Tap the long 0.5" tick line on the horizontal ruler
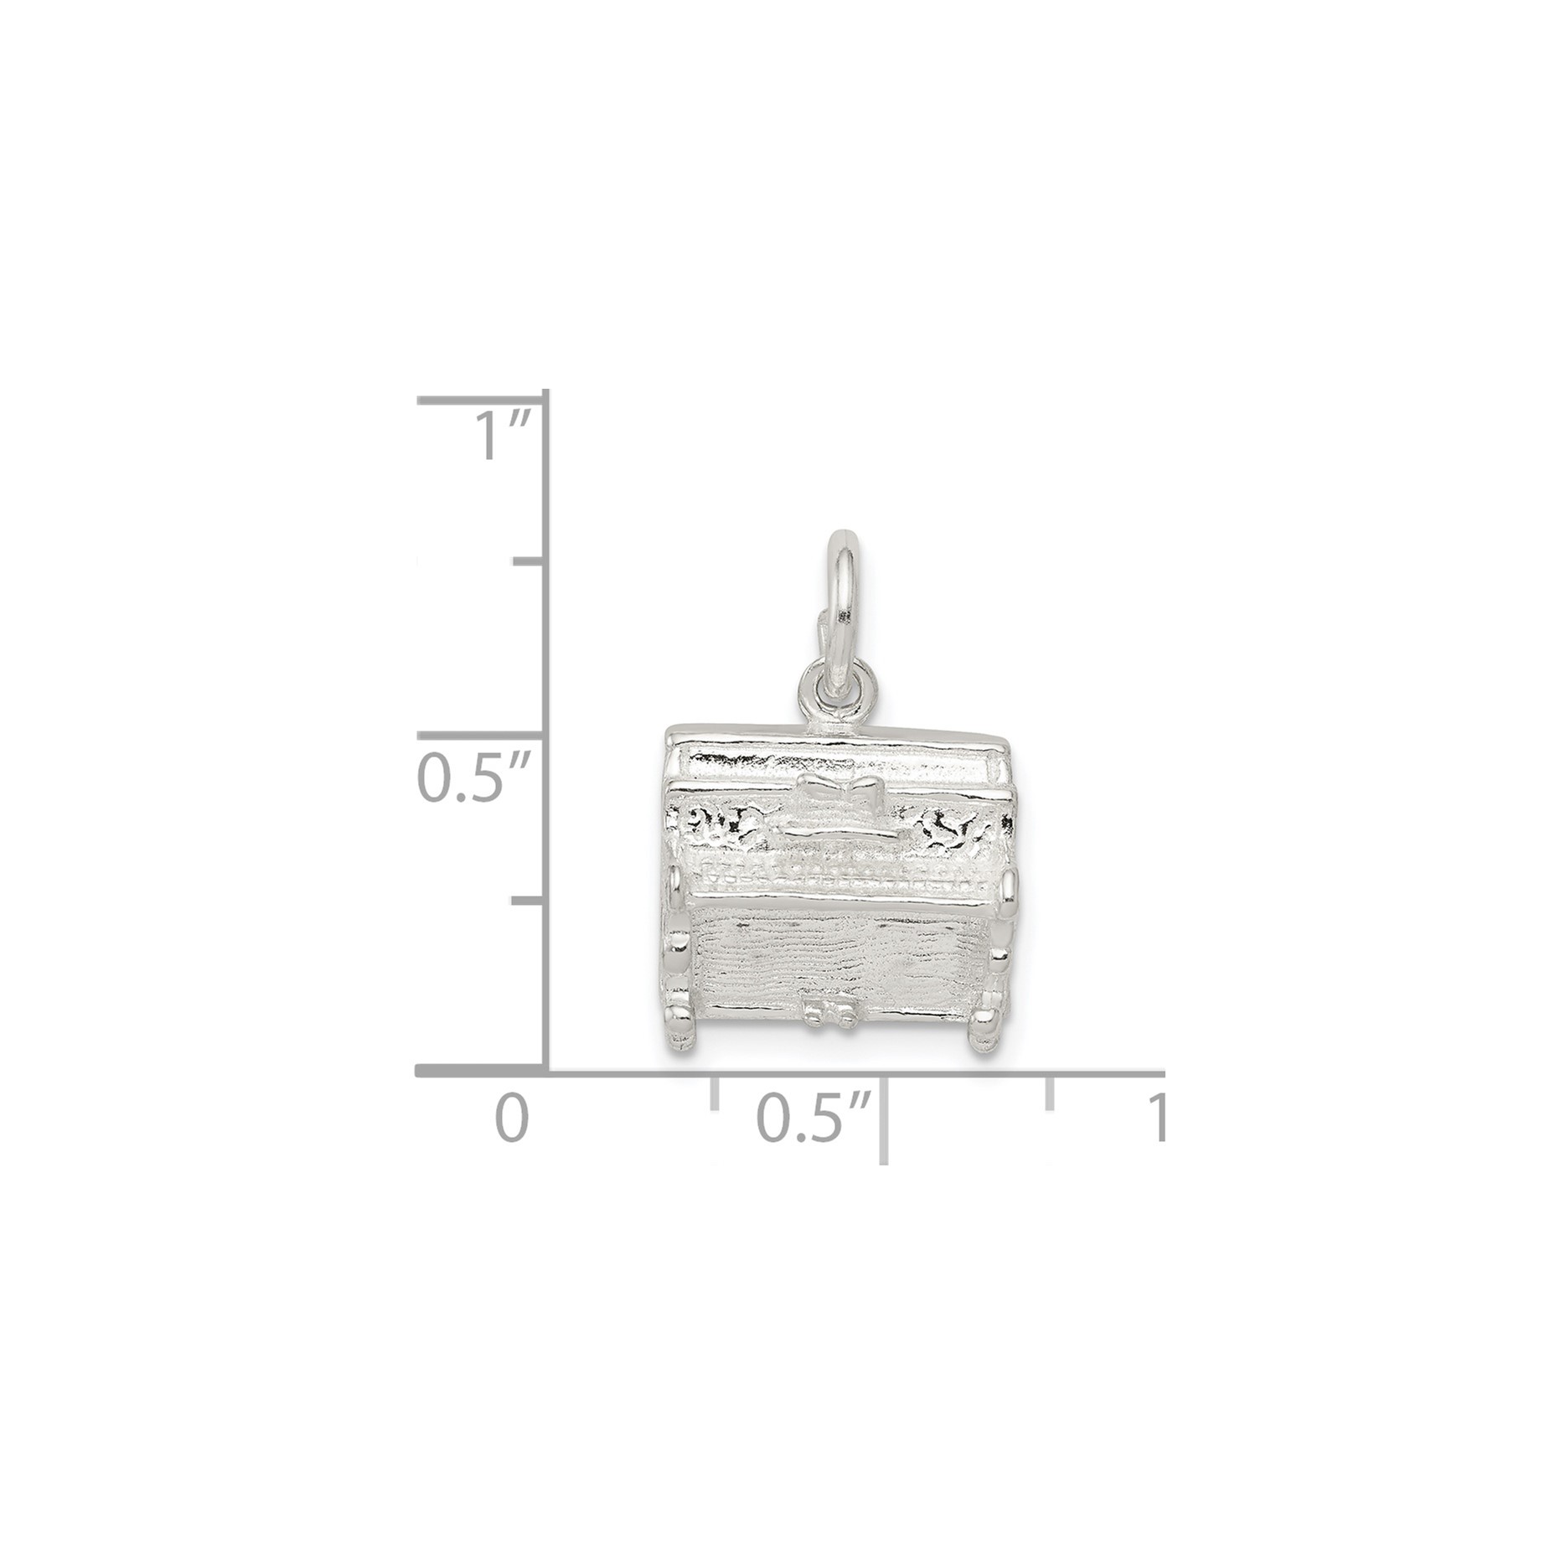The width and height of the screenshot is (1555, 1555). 884,1118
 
